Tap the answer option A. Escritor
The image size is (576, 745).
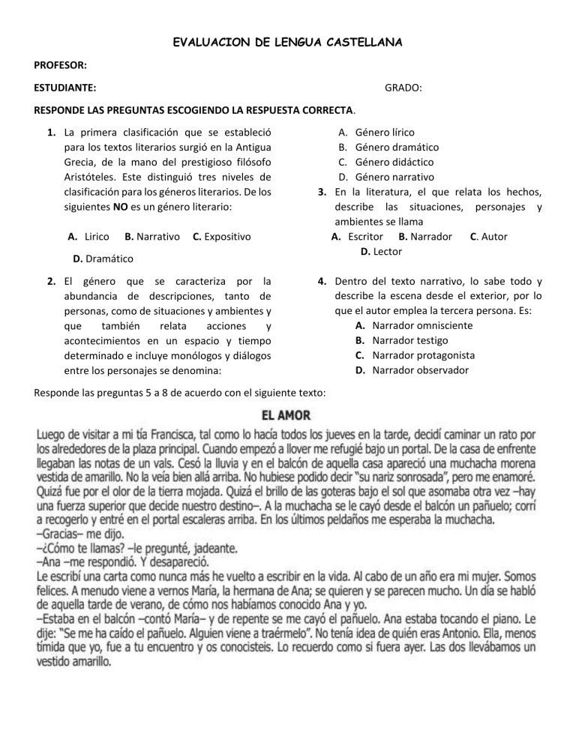(x=358, y=236)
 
